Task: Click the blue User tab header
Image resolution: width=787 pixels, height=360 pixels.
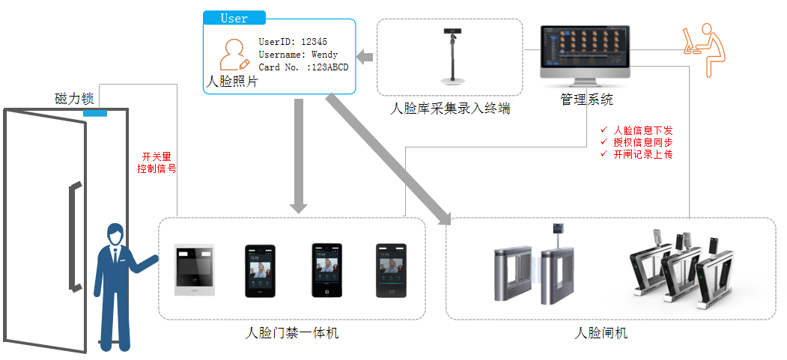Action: (234, 18)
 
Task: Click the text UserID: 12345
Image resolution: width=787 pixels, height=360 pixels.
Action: (293, 42)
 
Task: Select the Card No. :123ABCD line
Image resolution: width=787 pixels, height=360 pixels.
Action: (303, 67)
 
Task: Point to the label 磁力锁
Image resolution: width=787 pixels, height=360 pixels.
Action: (74, 99)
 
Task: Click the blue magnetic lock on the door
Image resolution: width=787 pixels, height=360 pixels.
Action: (95, 115)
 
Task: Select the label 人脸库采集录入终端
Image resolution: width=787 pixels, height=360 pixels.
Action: (451, 109)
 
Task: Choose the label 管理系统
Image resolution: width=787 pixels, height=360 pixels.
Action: (586, 100)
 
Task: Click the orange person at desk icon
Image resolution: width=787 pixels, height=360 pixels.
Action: (704, 49)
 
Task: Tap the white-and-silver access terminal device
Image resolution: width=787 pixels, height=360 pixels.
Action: (195, 270)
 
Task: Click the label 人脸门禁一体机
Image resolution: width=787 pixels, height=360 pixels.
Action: (292, 333)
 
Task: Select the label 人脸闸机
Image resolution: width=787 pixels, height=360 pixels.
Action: (601, 333)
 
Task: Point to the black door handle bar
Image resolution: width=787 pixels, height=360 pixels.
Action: (73, 236)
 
